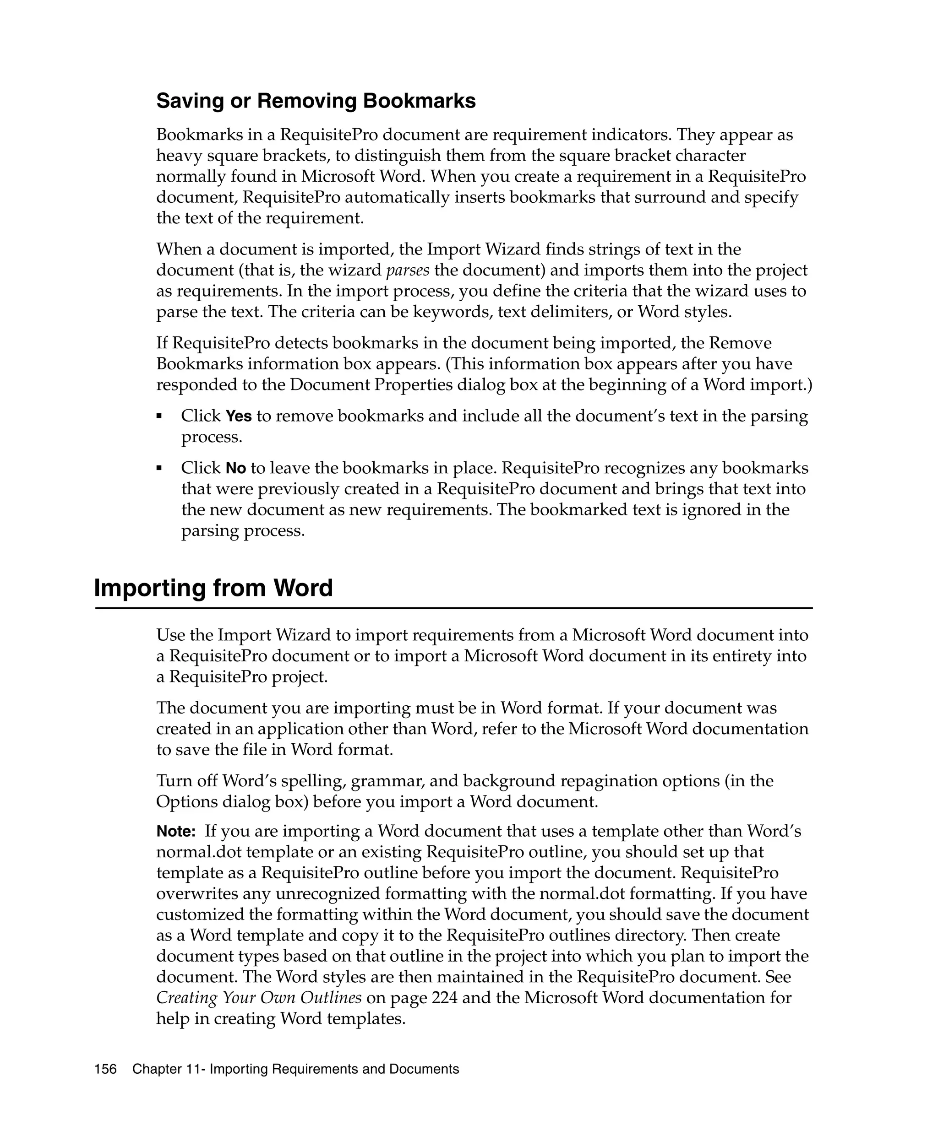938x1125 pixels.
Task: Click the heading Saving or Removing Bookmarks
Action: (316, 101)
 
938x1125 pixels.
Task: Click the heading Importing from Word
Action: (213, 588)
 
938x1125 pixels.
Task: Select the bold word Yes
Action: (239, 416)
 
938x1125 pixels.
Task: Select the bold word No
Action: (236, 468)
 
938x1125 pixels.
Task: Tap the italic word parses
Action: (408, 270)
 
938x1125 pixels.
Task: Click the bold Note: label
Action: (176, 832)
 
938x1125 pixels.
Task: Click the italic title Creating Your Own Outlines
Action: (259, 997)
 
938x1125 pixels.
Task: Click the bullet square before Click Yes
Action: (159, 416)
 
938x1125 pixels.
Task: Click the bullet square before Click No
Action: (159, 468)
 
